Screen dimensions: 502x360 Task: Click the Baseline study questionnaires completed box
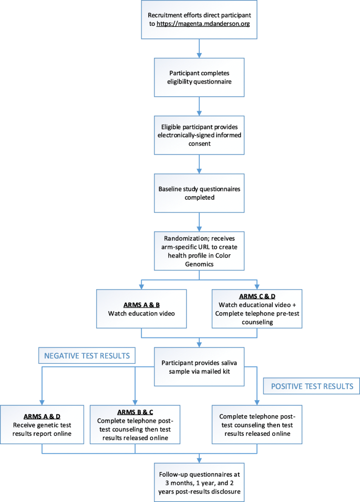199,193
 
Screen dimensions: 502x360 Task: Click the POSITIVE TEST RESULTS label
311,385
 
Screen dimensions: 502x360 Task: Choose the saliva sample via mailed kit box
199,367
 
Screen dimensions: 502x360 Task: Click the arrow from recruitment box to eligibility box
199,48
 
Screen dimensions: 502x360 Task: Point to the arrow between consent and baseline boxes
199,166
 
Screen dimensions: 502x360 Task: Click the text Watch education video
142,313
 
